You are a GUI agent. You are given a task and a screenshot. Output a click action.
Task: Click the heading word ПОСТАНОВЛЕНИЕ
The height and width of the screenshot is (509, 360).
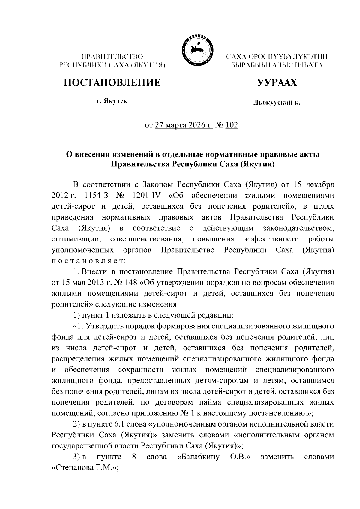(112, 82)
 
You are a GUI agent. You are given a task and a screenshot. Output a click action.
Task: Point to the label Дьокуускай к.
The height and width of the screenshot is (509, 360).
(277, 103)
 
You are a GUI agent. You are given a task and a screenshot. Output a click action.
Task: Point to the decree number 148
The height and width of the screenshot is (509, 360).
(131, 283)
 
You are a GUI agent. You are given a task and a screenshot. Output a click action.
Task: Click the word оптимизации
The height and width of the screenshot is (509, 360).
(76, 239)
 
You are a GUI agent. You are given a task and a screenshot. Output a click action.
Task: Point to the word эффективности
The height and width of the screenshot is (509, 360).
(271, 239)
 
